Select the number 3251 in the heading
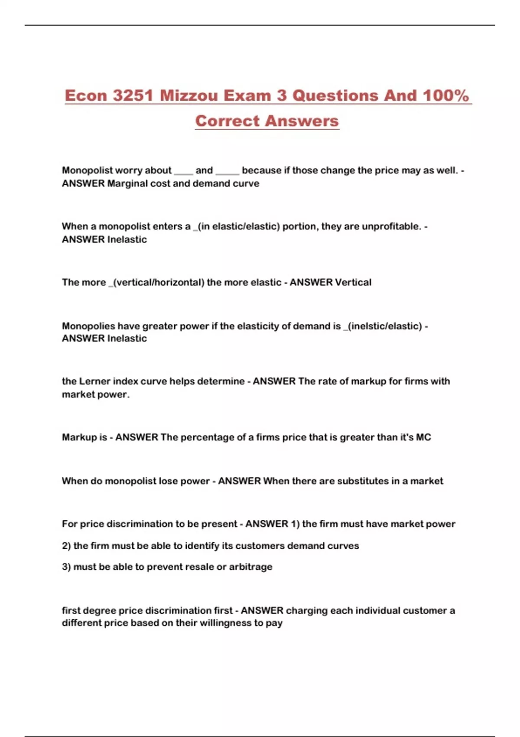[133, 95]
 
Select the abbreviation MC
[423, 437]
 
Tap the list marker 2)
[66, 546]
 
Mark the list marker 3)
[66, 567]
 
